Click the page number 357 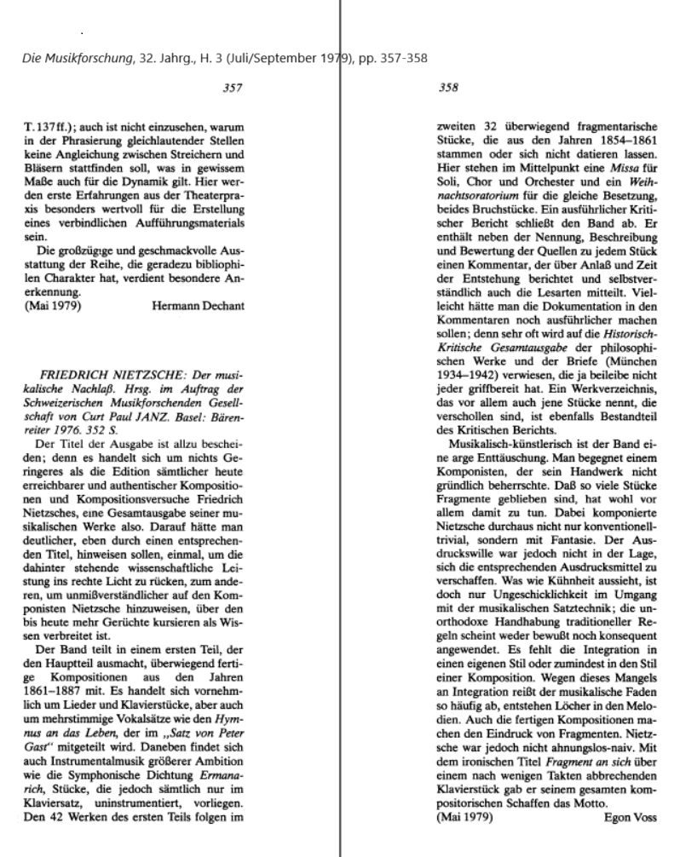tap(231, 87)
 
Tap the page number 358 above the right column tap(447, 87)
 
